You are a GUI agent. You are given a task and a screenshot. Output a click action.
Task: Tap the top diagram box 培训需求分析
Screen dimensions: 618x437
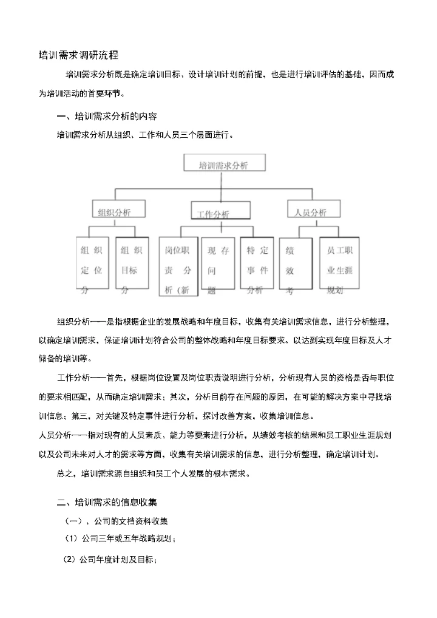point(223,165)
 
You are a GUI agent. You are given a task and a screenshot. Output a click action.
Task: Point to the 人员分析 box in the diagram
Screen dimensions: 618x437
point(310,212)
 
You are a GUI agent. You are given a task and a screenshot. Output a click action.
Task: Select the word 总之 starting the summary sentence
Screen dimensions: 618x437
point(65,473)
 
